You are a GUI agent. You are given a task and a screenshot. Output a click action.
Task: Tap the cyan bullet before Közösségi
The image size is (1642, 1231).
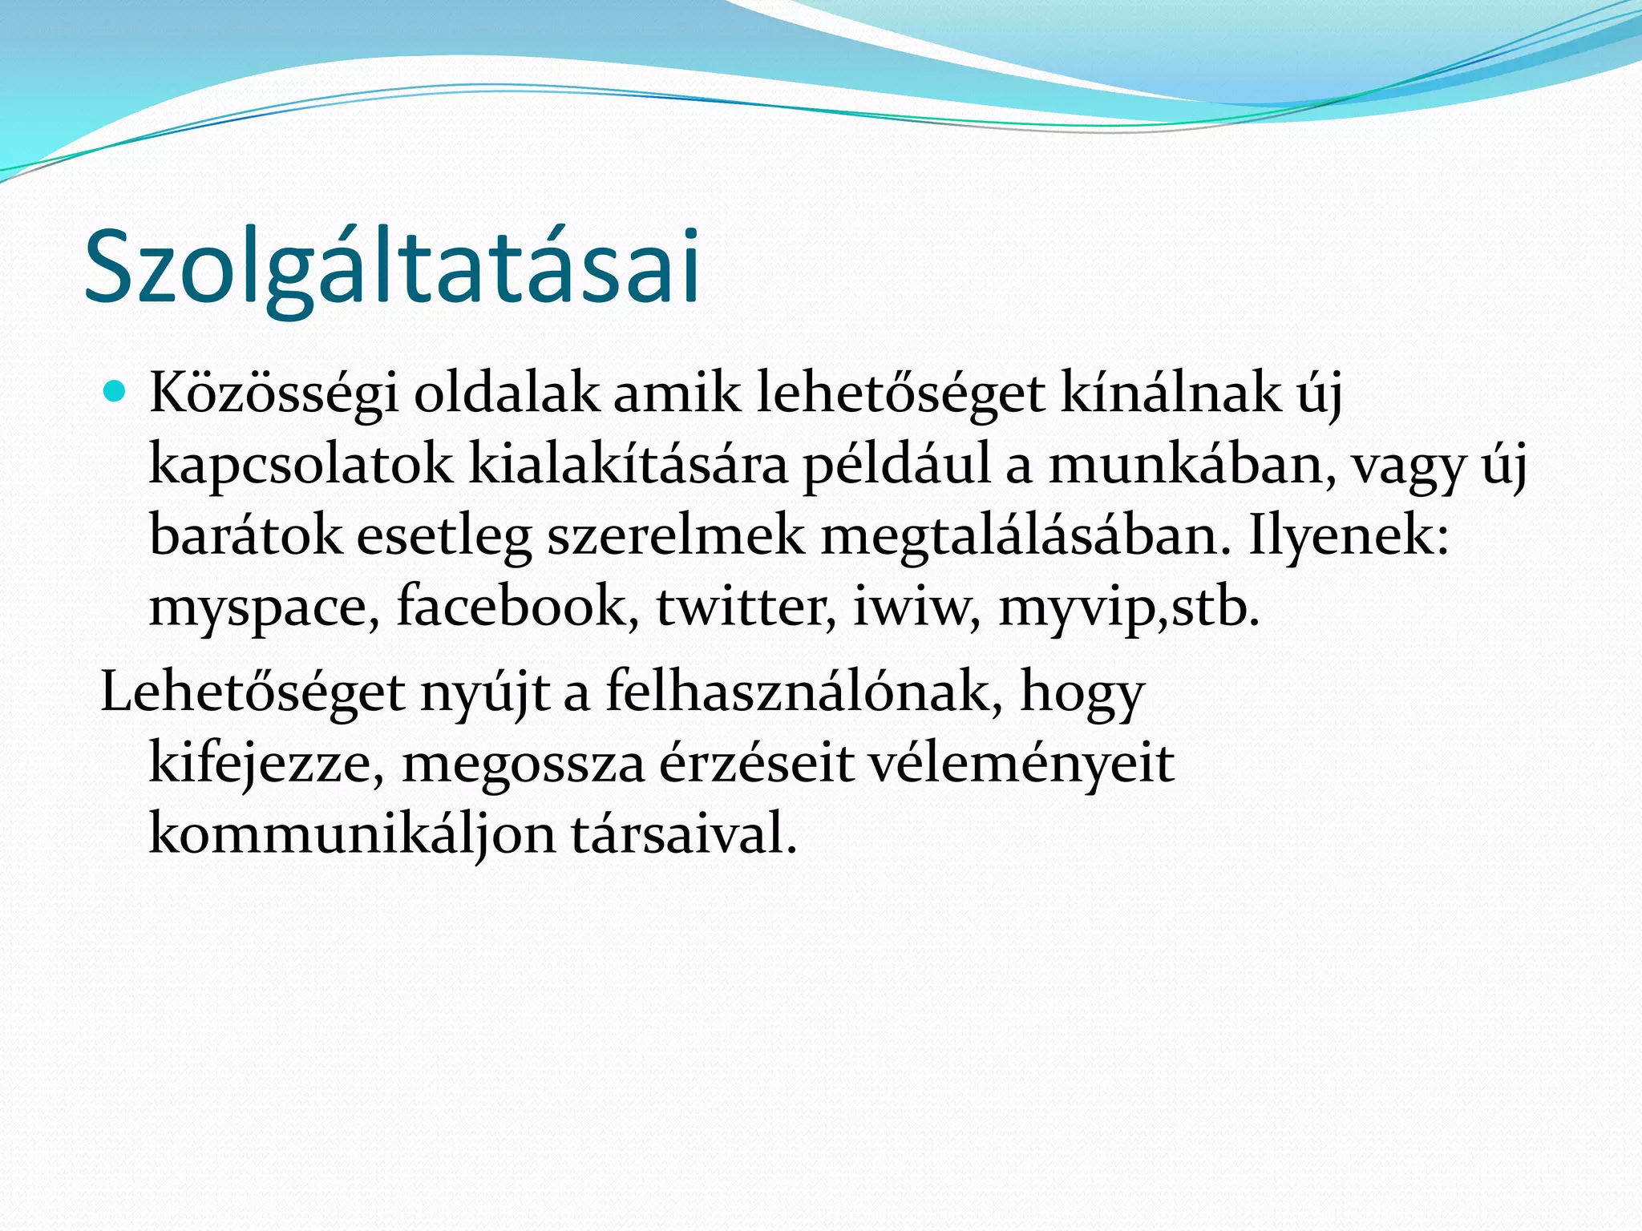116,392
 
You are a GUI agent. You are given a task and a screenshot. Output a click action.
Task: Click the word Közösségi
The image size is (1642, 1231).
273,394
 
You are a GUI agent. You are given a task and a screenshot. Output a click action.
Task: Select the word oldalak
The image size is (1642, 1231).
506,394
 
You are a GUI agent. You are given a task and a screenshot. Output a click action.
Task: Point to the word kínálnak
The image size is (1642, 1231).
1171,394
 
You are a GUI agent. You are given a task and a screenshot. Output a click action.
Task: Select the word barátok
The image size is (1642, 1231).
245,535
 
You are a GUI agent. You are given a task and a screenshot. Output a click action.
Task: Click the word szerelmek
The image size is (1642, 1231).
676,535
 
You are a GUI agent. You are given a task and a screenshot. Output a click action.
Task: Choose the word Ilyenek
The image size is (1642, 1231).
1348,535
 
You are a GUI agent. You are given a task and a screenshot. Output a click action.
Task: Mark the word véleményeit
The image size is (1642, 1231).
1021,764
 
